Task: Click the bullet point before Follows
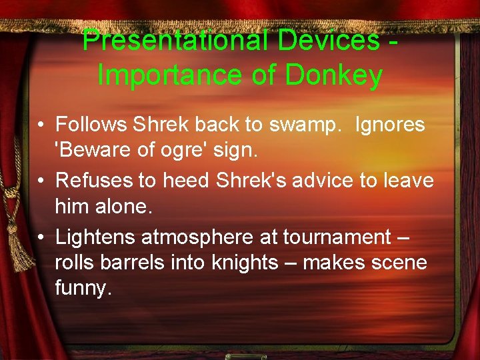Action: pyautogui.click(x=41, y=125)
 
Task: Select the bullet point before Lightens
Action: pyautogui.click(x=41, y=237)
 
